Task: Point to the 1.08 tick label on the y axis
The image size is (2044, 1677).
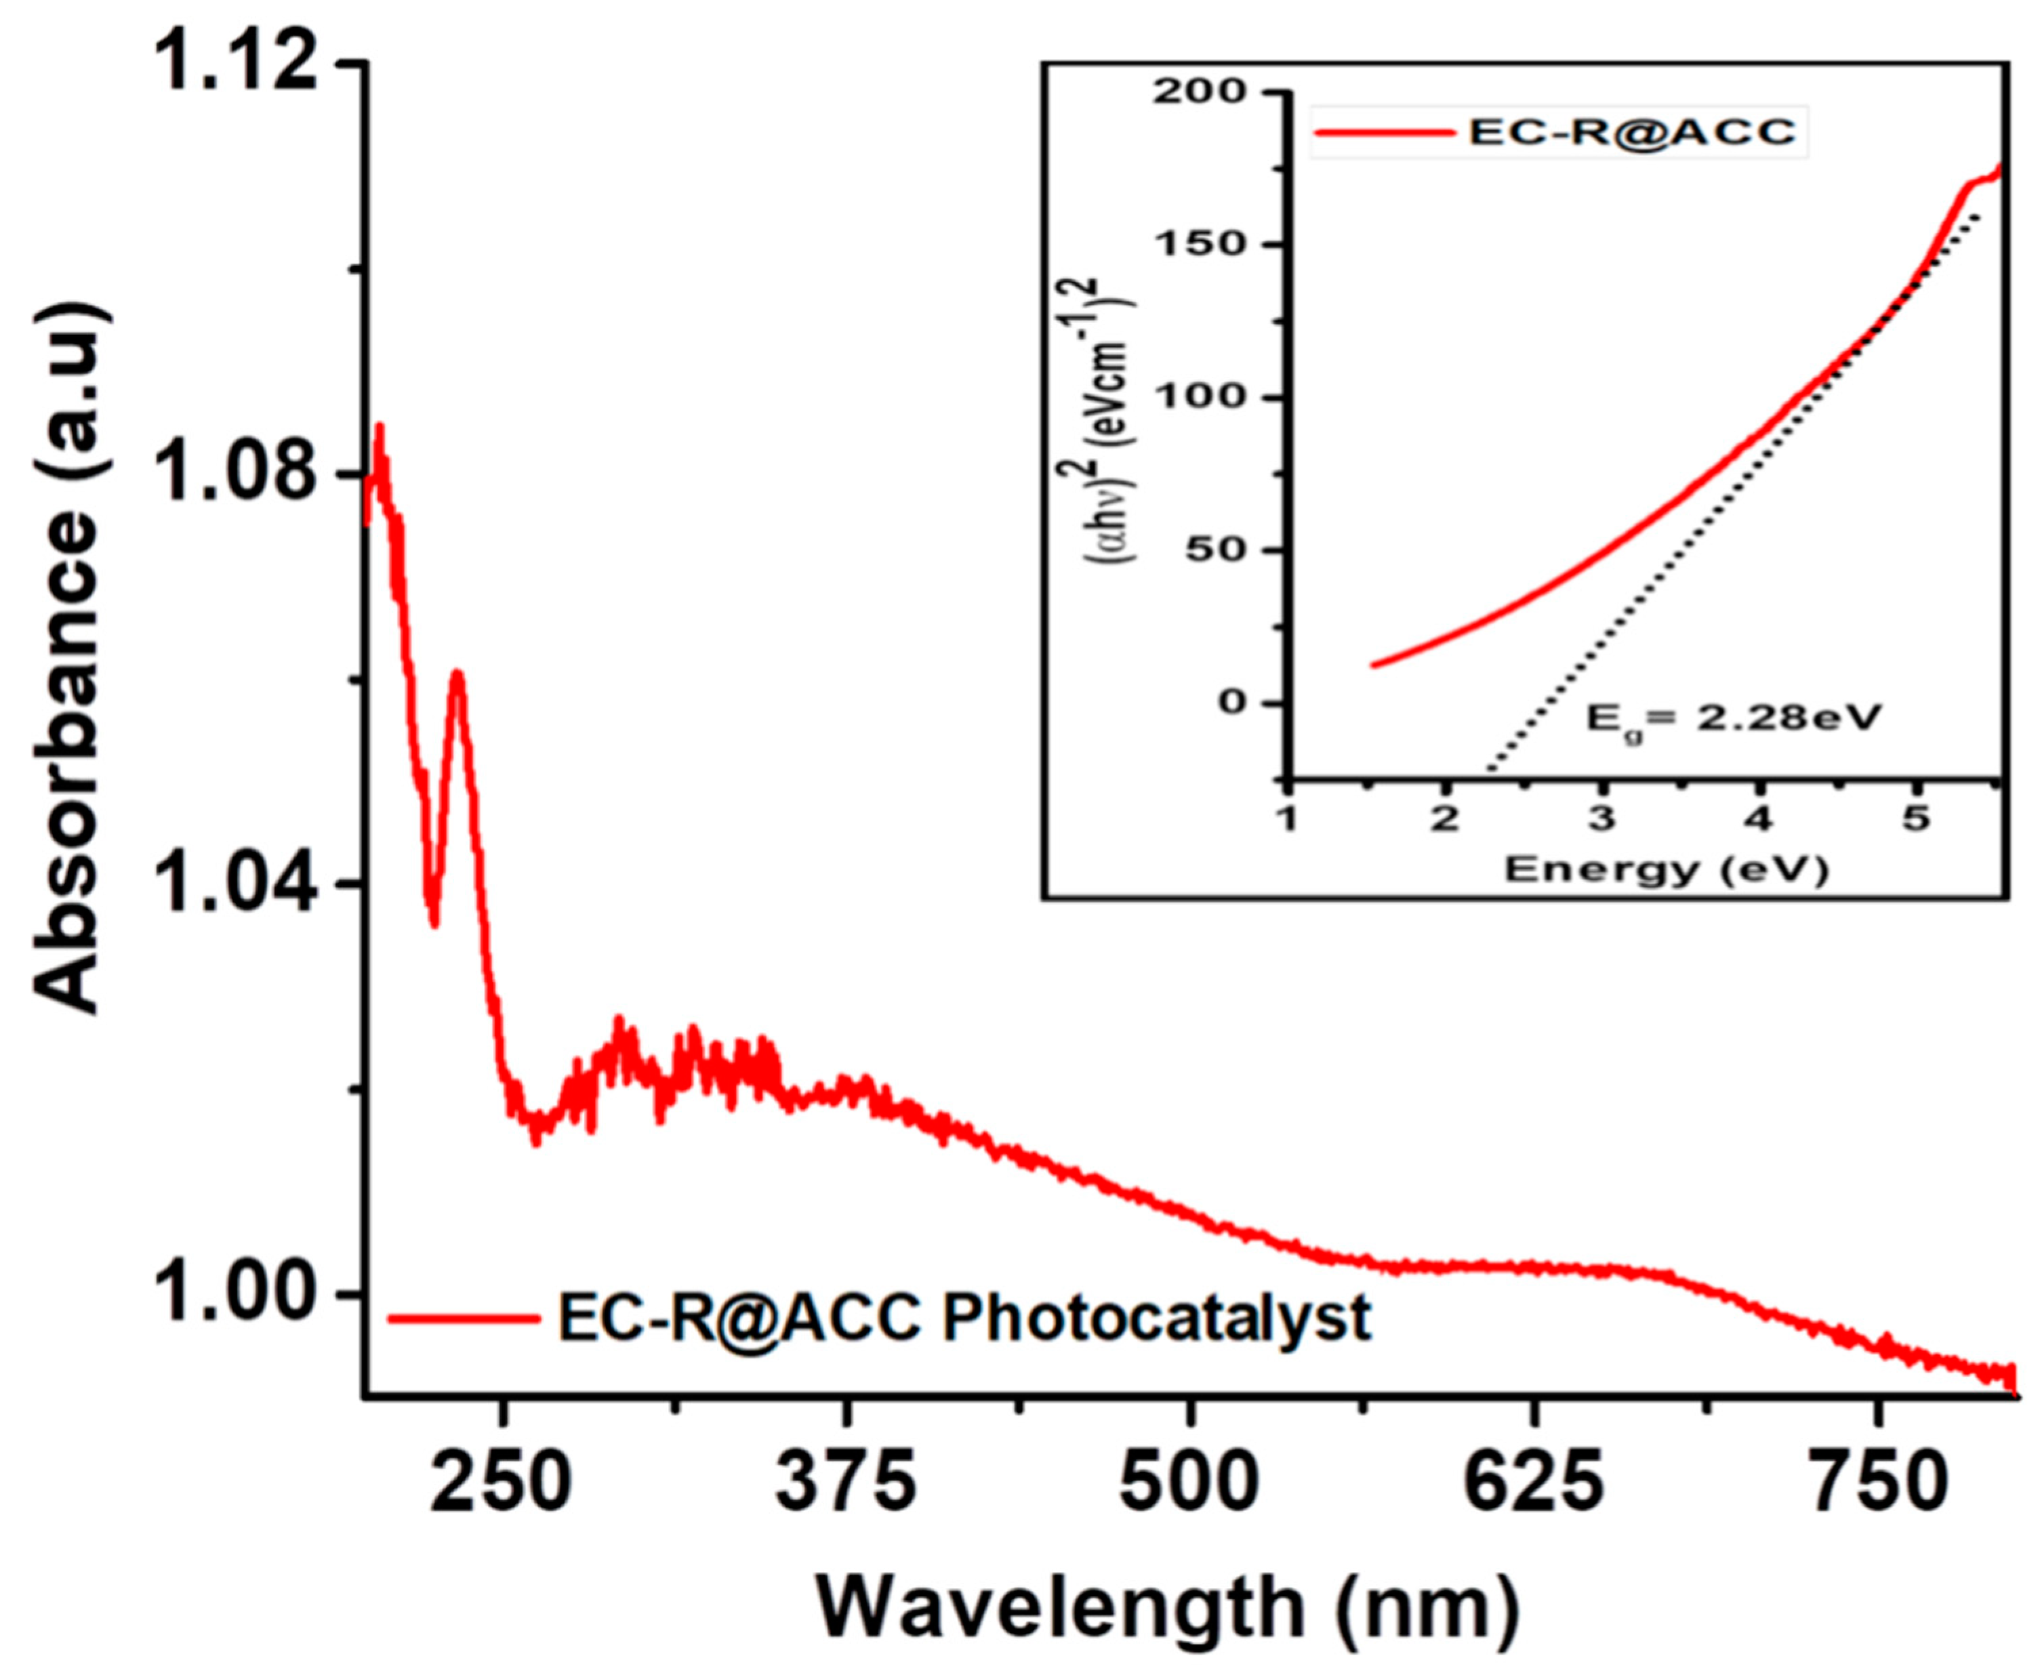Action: [x=236, y=474]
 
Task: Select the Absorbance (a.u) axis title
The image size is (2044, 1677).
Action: [x=68, y=657]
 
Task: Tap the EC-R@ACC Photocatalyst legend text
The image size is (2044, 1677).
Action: [x=964, y=1318]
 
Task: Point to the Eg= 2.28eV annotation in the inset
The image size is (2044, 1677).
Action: [x=1734, y=718]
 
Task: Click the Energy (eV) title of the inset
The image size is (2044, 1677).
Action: [x=1667, y=869]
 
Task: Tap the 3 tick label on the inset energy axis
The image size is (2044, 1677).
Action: [x=1603, y=819]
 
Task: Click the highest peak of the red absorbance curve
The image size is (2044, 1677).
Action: [x=380, y=426]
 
